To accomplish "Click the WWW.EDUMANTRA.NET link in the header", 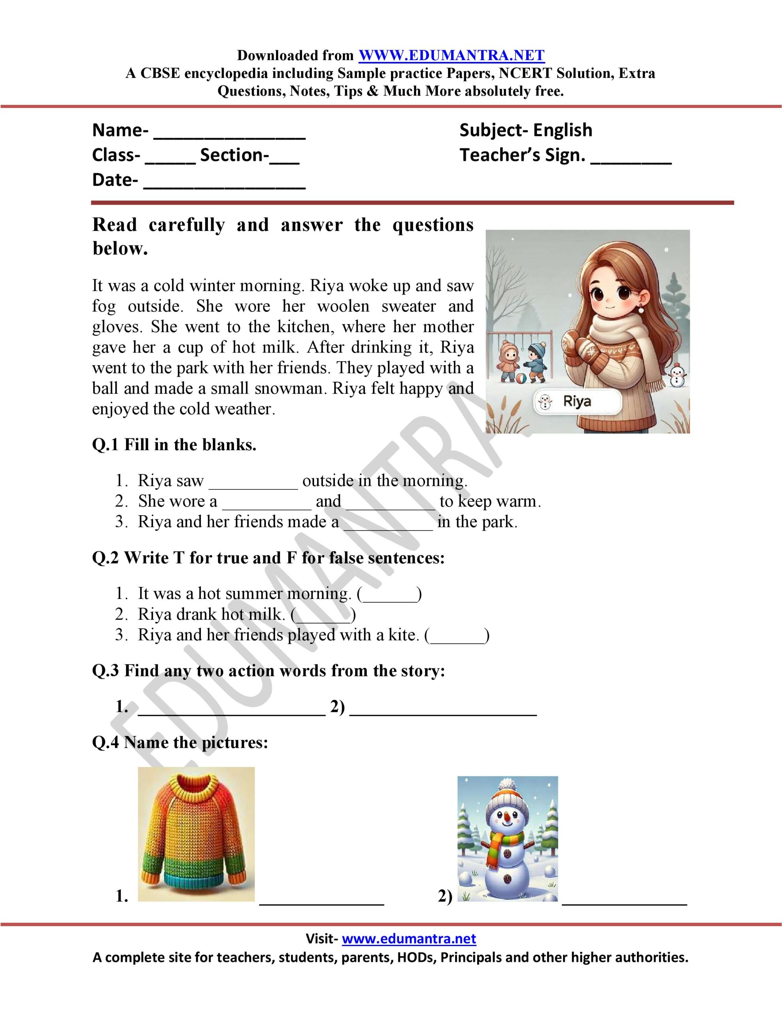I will click(x=451, y=56).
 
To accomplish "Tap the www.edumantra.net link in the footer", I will click(x=409, y=939).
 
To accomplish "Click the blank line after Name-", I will click(x=229, y=134).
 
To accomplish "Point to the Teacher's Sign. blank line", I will click(x=631, y=160).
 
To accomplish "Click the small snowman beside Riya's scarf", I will click(x=677, y=375).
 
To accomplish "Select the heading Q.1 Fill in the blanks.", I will click(x=174, y=445).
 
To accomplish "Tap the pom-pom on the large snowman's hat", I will click(x=508, y=784).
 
